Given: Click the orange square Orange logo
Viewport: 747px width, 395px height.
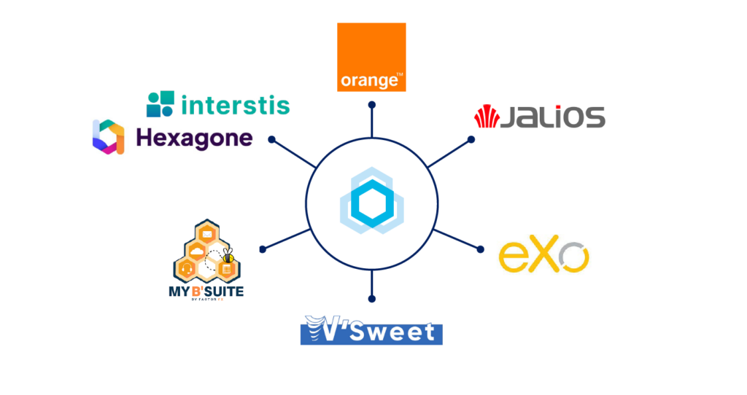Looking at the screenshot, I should point(371,57).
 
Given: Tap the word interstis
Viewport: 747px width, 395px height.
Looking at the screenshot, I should point(235,104).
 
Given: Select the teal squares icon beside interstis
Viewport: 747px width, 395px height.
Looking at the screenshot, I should point(160,104).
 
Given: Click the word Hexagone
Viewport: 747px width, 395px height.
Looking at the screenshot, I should point(194,137).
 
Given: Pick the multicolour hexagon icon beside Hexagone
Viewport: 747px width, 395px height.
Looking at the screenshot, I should point(108,136).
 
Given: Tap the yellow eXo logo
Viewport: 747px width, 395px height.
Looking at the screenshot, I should point(543,256).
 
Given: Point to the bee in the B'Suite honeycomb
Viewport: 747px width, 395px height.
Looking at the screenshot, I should point(228,255).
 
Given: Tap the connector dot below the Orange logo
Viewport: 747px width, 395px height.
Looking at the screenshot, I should point(372,106).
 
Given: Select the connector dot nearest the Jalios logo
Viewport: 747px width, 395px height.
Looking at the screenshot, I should point(471,139).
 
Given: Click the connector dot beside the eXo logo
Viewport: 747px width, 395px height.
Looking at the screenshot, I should point(480,249).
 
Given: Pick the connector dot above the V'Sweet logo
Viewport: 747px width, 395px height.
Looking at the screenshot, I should point(372,297).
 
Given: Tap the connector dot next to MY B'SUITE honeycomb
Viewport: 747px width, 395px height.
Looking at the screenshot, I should point(263,249).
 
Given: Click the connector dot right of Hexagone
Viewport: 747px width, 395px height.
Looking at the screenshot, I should point(271,138).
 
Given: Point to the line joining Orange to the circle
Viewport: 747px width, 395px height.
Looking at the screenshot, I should point(372,122).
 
